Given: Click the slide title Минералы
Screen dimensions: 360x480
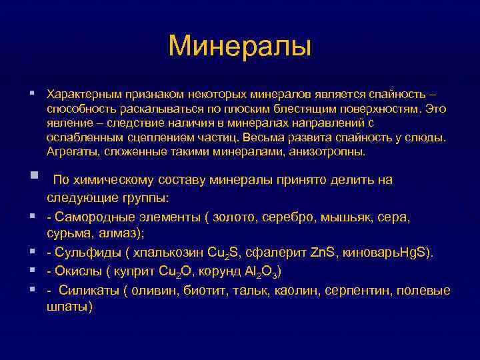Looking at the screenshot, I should [240, 45].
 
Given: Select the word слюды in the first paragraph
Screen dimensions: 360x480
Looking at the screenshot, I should [427, 139].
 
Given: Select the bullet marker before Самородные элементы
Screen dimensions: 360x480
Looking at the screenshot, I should [31, 217].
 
